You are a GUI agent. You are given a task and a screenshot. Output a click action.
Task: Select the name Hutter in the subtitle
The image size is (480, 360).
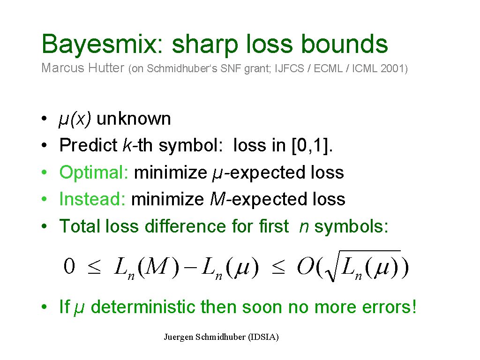click(x=106, y=67)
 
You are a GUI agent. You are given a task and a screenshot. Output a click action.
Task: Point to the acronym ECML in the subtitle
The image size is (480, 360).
click(x=328, y=68)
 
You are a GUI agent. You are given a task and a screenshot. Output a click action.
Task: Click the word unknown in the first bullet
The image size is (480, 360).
click(x=134, y=119)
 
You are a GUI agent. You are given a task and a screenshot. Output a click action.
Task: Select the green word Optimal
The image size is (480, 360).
click(x=94, y=172)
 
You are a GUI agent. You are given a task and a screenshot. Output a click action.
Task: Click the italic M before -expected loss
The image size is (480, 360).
click(x=217, y=199)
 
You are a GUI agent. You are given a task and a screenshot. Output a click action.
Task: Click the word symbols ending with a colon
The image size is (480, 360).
click(x=351, y=226)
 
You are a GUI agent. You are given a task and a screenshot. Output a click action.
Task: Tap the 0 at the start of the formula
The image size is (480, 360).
click(x=69, y=266)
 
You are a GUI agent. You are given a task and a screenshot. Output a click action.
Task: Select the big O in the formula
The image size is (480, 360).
click(x=305, y=266)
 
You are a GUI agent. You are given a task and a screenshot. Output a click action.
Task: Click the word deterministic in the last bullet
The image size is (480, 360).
click(x=142, y=307)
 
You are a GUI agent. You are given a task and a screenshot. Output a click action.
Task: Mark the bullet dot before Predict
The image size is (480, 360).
click(x=44, y=145)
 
